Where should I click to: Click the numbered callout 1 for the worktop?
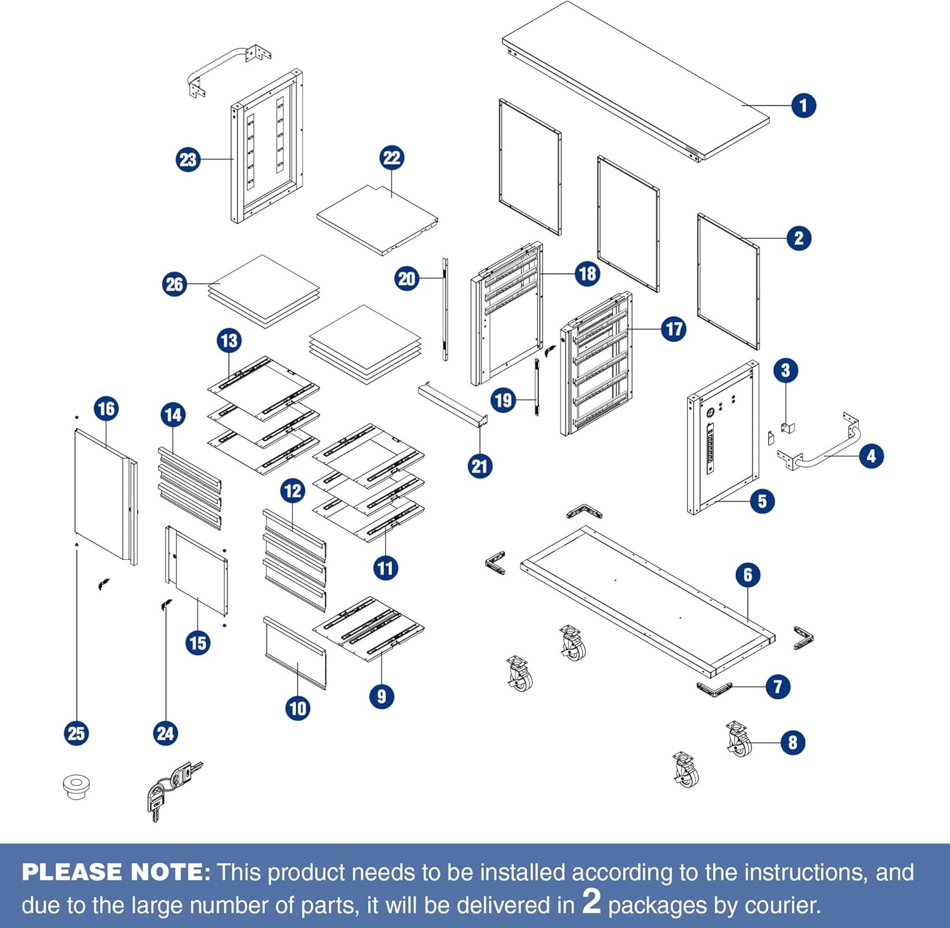click(x=804, y=105)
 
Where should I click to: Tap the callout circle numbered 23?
click(x=188, y=159)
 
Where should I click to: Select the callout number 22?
click(x=392, y=158)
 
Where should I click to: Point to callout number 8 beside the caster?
click(x=792, y=742)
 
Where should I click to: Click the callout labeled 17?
click(x=674, y=329)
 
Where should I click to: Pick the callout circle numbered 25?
click(x=76, y=734)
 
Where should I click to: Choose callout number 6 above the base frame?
click(x=748, y=575)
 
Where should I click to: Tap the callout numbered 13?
click(x=229, y=341)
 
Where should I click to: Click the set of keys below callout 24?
click(x=171, y=789)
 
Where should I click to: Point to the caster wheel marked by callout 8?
click(x=738, y=740)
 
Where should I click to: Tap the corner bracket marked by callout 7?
click(x=714, y=689)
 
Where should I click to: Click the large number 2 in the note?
click(x=592, y=901)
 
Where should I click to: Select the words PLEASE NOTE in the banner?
click(x=116, y=872)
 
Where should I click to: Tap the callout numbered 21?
click(x=479, y=466)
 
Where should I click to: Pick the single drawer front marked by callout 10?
click(x=295, y=652)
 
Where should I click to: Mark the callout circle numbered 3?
click(x=785, y=370)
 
